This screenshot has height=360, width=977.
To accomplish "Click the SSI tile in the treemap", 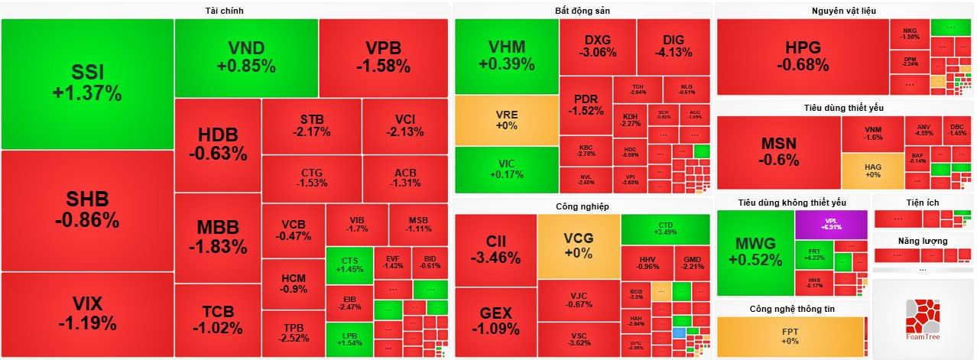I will [87, 83].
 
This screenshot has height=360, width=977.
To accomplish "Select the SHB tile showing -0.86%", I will [87, 210].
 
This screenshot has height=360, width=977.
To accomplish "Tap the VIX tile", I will [87, 313].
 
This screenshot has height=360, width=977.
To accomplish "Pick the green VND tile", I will [246, 57].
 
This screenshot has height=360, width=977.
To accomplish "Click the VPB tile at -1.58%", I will [383, 57].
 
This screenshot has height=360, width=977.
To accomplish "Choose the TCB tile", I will [217, 320].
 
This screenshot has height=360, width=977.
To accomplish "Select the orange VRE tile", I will [507, 120].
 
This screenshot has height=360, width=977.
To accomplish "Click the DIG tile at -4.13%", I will [674, 46].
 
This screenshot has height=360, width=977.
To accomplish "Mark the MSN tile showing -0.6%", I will [778, 152].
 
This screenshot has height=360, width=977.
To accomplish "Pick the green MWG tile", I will [755, 252].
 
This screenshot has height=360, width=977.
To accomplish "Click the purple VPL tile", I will [831, 224].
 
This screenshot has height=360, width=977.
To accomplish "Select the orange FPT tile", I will [790, 336].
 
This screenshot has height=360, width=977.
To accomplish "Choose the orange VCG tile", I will [578, 245].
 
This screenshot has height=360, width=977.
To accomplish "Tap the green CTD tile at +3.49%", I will [665, 229].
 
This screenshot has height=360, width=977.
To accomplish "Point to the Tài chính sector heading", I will [225, 10].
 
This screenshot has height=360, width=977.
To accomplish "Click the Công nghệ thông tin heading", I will [791, 309].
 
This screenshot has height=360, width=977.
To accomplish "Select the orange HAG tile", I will [872, 170].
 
